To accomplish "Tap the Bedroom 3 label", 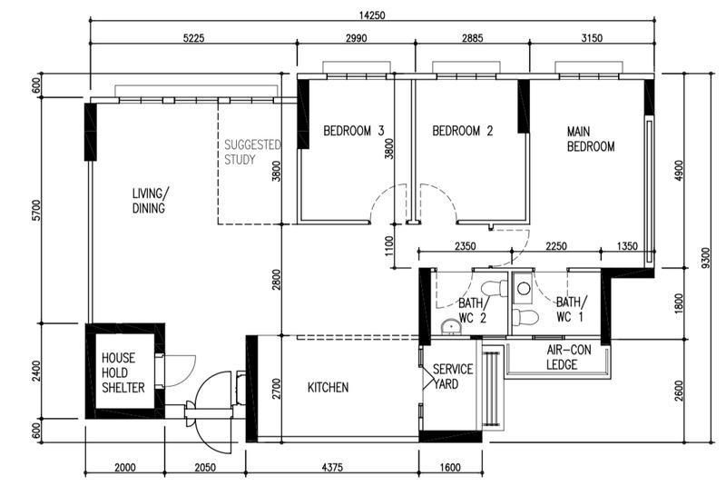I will (354, 131).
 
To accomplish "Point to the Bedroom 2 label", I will (462, 131).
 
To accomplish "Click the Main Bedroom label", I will (591, 139).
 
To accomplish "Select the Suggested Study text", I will (252, 153).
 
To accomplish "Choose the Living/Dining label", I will (150, 201).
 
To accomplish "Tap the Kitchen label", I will (328, 388).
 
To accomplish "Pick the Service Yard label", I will (452, 377).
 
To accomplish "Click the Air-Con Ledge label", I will (568, 357).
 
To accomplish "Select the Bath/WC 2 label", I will (472, 310).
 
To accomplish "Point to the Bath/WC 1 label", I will (571, 310).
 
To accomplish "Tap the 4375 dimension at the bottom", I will (332, 468).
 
